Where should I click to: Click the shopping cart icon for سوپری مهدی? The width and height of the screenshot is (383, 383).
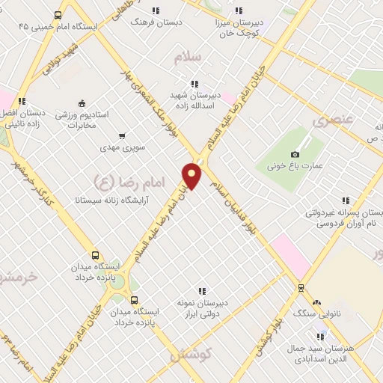point(121,136)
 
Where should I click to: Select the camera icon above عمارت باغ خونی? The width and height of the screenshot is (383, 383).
point(295,154)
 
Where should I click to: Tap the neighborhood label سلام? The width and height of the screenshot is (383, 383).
point(187,58)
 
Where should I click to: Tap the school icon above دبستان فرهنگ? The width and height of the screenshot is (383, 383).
point(156,10)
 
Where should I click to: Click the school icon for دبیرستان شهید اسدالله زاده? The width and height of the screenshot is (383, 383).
point(194,84)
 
